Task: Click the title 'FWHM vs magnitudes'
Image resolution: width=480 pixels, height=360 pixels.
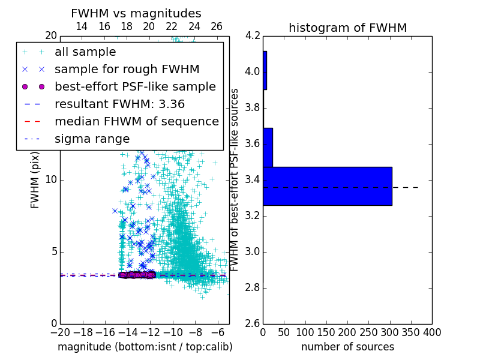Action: tap(136, 14)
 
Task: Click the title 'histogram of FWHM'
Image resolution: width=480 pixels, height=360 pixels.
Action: tap(347, 28)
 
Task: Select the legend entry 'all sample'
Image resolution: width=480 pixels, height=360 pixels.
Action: tap(85, 52)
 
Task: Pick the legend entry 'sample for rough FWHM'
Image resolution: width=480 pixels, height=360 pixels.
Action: tap(127, 69)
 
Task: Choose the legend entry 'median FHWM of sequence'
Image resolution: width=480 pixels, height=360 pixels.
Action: tap(136, 121)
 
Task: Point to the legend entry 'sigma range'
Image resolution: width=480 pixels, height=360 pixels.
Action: tap(92, 139)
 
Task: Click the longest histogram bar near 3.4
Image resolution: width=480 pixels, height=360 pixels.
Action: tap(327, 186)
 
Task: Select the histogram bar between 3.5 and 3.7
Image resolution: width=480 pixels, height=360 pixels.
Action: tap(268, 147)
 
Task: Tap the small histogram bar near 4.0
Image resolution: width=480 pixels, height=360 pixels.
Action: tap(265, 70)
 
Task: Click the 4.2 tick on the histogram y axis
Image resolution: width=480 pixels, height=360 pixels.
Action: tap(253, 35)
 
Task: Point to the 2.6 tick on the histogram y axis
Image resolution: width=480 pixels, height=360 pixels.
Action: tap(253, 323)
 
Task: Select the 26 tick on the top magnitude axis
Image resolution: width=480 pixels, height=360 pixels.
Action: tap(217, 26)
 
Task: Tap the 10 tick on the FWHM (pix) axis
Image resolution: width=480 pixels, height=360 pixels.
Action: tap(52, 179)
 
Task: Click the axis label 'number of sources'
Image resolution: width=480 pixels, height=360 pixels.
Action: tap(347, 347)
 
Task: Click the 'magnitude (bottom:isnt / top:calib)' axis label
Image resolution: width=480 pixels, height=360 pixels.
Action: tap(145, 347)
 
